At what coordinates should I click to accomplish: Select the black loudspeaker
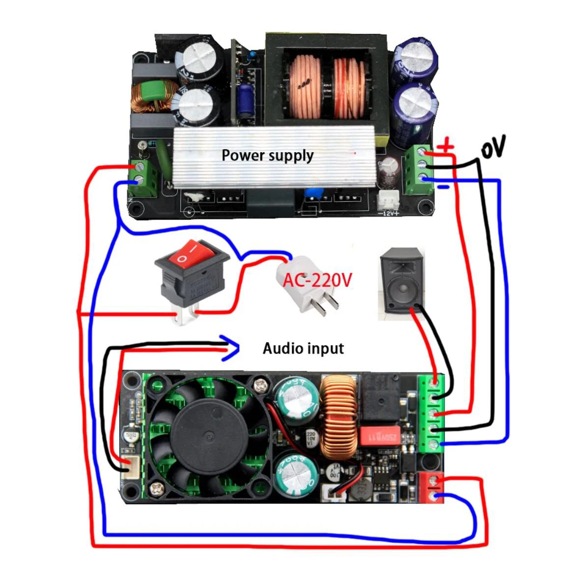[401, 282]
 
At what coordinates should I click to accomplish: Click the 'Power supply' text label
[267, 156]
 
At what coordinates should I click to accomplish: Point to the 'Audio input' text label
[303, 349]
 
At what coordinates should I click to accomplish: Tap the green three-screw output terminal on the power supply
[417, 169]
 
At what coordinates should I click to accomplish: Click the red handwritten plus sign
[446, 145]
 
